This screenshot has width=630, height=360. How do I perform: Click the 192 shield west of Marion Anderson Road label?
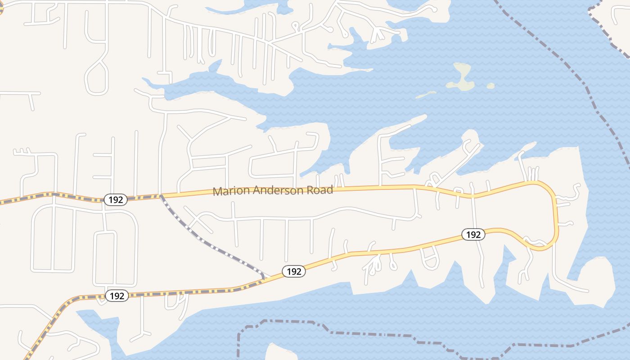coord(116,200)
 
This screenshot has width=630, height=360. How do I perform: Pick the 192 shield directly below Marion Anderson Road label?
coord(294,271)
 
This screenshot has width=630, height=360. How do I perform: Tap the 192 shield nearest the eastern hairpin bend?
coord(473,234)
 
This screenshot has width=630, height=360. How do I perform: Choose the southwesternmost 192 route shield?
coord(117,296)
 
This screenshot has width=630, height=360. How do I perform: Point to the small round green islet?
coord(490,85)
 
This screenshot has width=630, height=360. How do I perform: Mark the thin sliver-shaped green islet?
coord(426,94)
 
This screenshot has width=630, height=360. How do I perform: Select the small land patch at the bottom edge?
coord(274,352)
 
